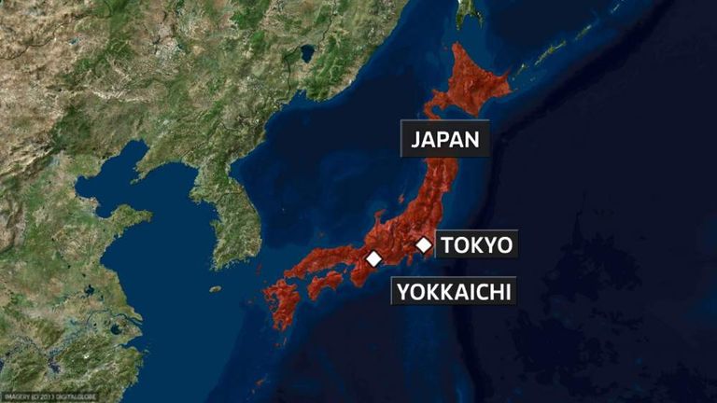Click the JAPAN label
[x=444, y=140]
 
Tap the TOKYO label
[x=476, y=245]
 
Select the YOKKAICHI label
[x=454, y=291]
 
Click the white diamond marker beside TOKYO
[x=424, y=245]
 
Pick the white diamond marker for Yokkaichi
[x=373, y=258]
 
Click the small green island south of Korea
[x=216, y=289]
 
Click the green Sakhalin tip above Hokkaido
[x=467, y=11]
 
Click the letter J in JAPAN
[x=416, y=140]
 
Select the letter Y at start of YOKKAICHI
[x=402, y=291]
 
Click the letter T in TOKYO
[x=448, y=245]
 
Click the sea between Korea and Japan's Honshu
[x=308, y=187]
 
